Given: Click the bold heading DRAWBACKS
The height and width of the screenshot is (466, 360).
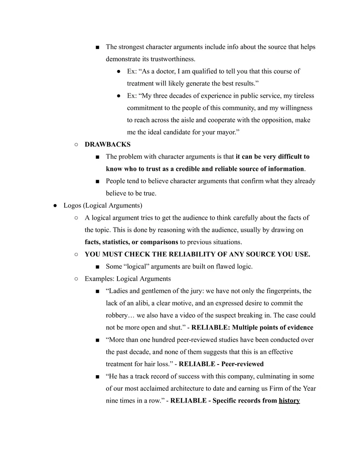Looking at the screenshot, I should (x=108, y=144).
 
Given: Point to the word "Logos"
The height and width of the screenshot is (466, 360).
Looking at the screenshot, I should (x=72, y=205).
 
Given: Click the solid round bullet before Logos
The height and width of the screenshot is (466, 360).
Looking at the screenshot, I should (x=55, y=205).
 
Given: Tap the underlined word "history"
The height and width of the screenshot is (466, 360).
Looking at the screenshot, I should (x=289, y=401).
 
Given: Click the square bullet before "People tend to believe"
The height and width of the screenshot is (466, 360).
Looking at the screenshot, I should (x=97, y=181).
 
